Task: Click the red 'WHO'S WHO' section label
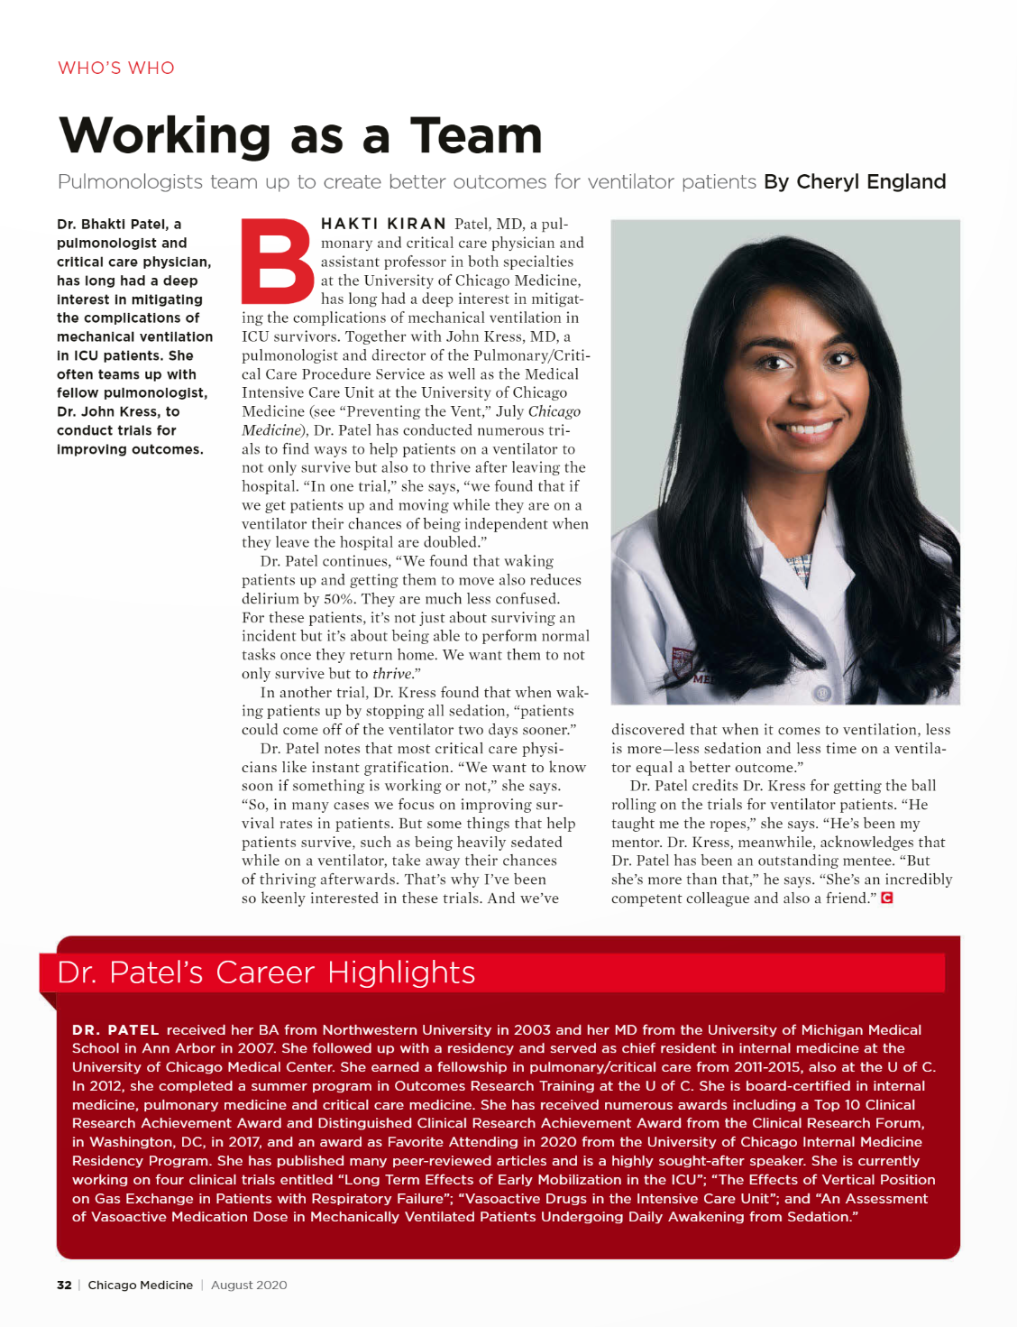115,68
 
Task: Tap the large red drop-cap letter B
279,261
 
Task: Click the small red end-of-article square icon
887,898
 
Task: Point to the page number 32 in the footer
64,1285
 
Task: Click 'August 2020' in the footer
249,1285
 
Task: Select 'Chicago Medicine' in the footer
140,1285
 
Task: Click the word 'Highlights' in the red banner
401,972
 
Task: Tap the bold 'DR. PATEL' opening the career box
115,1029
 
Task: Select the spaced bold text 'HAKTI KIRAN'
383,224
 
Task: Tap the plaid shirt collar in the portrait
798,568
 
